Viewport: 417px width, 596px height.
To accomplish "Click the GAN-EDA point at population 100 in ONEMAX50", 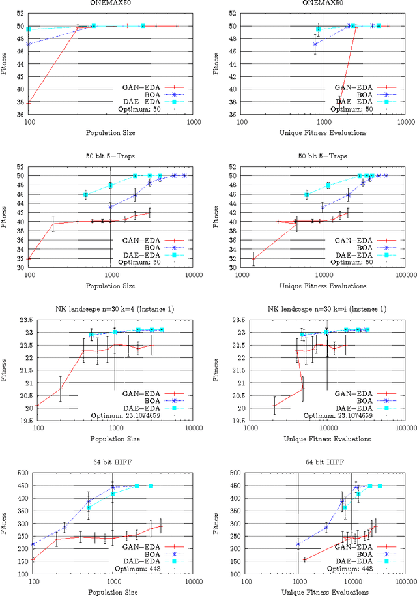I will [x=29, y=102].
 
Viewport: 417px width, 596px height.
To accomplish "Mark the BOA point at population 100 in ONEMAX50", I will [x=29, y=44].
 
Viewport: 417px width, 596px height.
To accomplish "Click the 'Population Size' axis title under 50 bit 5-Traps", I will [x=111, y=286].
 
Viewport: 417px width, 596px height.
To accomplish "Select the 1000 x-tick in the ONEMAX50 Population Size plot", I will [x=193, y=121].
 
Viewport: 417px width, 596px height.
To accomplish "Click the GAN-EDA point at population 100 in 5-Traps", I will [x=29, y=259].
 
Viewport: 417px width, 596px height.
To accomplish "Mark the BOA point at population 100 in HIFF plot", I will [x=29, y=544].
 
